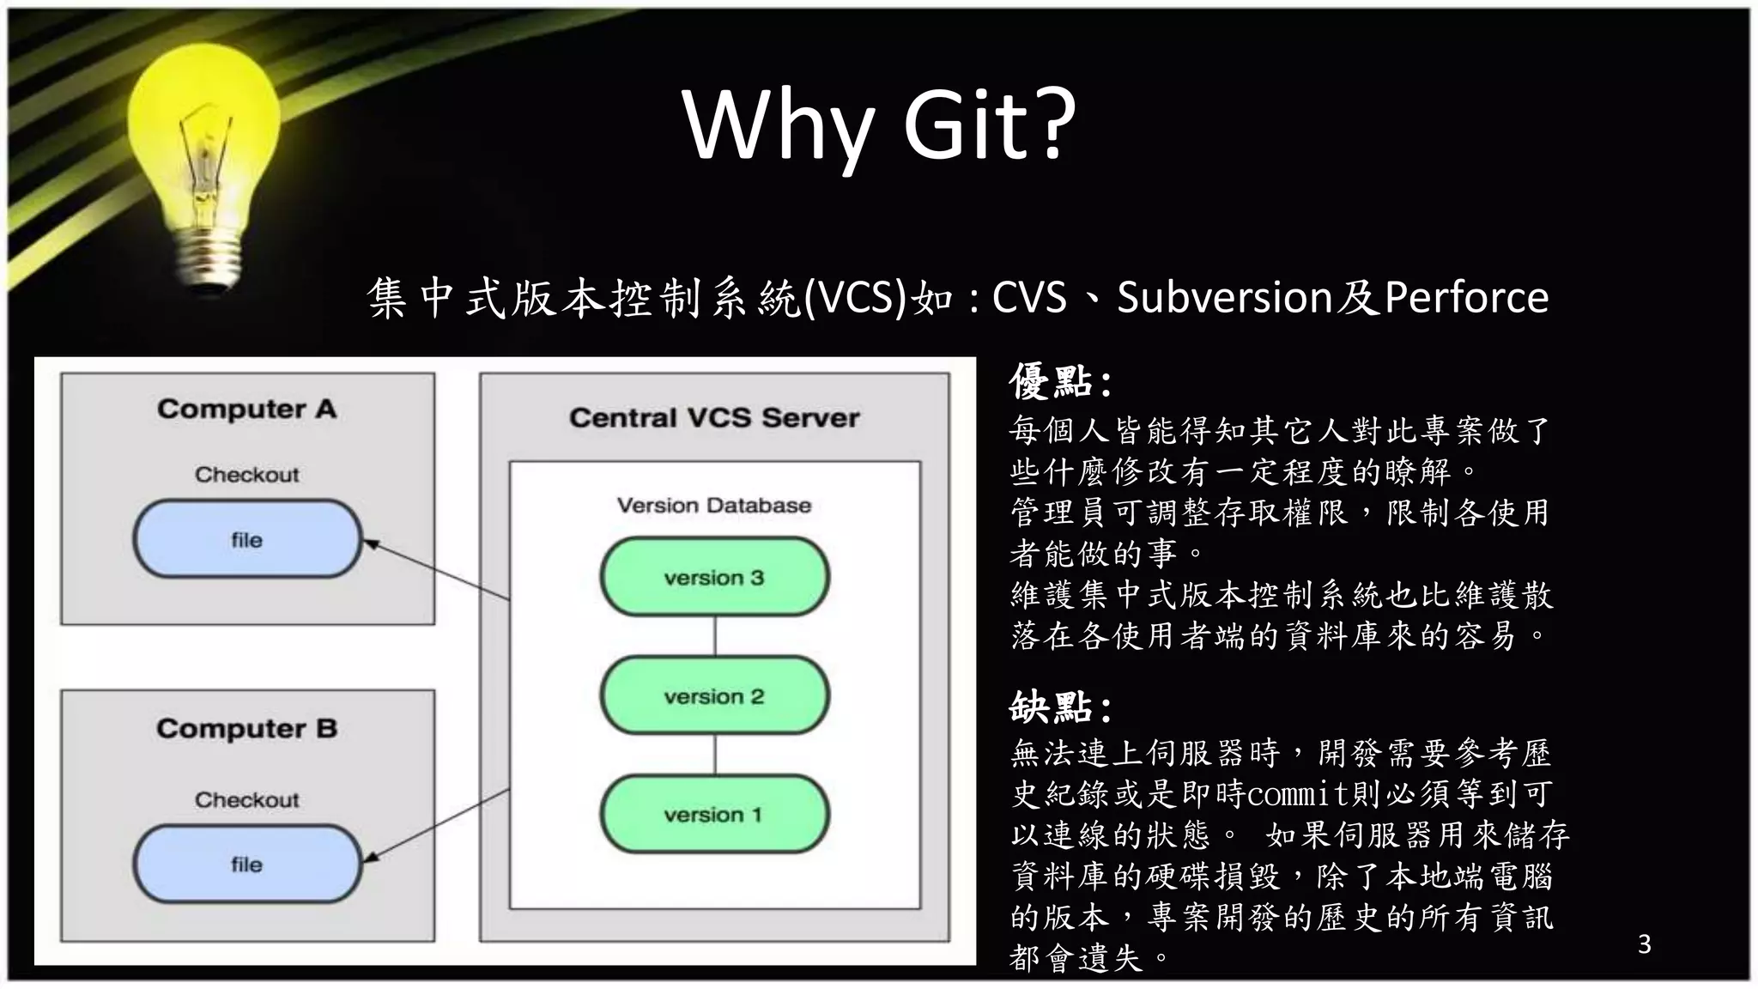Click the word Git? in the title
point(990,124)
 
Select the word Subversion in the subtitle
point(1224,298)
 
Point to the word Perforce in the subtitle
point(1466,298)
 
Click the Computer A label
point(246,409)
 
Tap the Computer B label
point(246,729)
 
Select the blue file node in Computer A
point(247,539)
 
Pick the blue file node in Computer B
point(247,864)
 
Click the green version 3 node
point(714,577)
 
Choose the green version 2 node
point(714,695)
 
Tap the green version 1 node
point(714,814)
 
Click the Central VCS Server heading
point(714,418)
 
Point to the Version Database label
point(714,506)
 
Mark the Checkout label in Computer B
point(246,800)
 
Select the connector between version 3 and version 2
point(715,636)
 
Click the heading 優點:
point(1061,382)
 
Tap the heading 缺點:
point(1061,708)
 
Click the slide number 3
point(1644,944)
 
